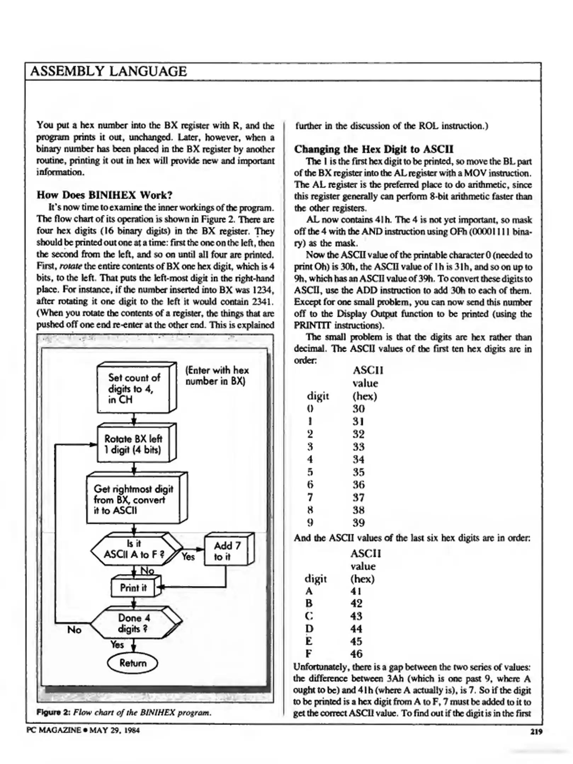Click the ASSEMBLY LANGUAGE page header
pos(108,71)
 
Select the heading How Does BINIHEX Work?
pos(104,195)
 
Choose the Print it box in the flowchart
pos(133,588)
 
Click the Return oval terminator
pos(133,663)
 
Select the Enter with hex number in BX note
pos(217,376)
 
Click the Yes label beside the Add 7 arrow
pos(188,557)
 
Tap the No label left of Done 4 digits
pos(74,630)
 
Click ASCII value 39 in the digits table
pos(358,523)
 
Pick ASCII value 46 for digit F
pos(356,654)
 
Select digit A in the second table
pos(309,591)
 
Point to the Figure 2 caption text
pos(124,712)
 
